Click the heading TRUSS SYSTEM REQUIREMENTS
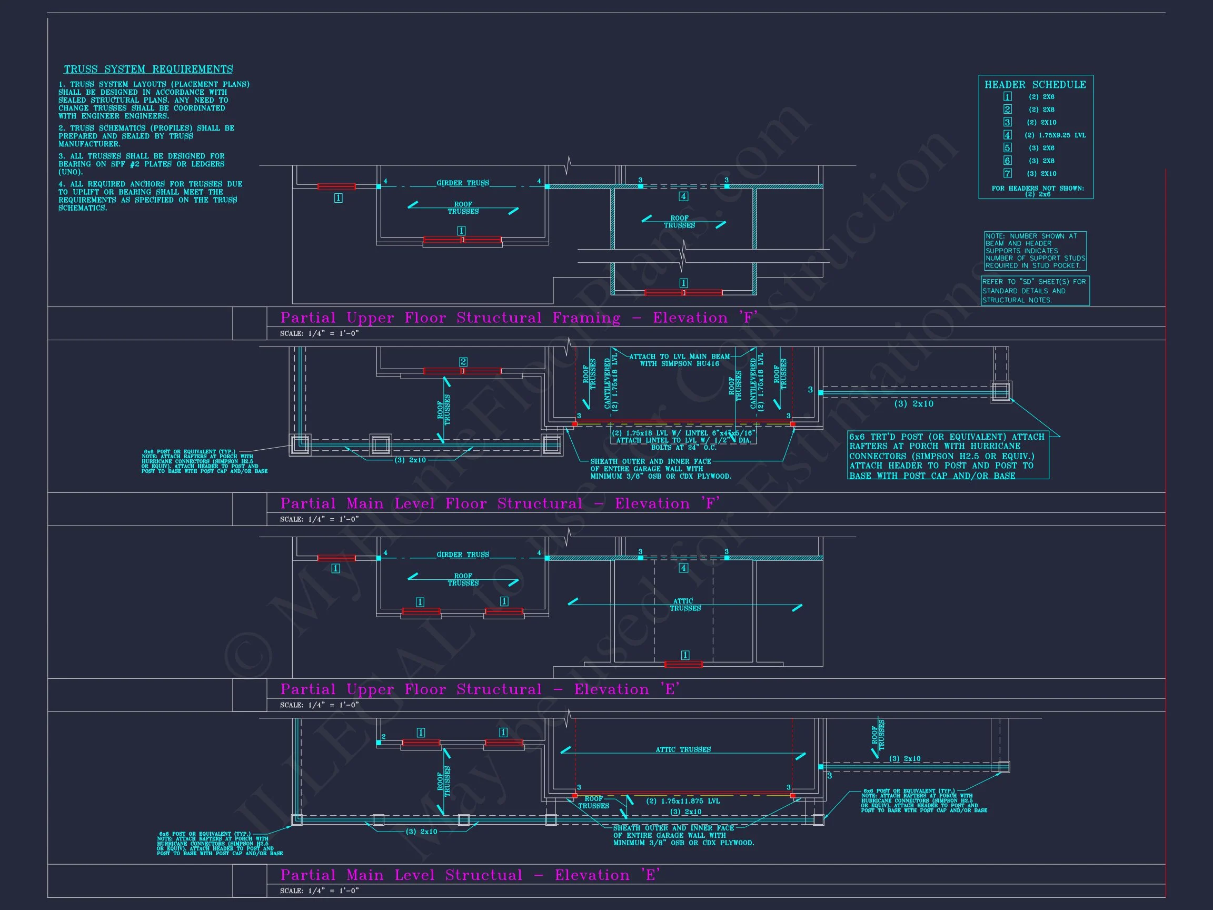(x=148, y=70)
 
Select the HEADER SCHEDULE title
(x=1035, y=84)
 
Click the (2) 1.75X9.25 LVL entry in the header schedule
(x=1055, y=135)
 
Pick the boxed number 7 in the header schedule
(x=1007, y=173)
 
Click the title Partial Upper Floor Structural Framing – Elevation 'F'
(x=519, y=318)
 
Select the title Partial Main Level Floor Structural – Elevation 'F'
(x=500, y=503)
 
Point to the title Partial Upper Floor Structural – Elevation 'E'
(x=480, y=689)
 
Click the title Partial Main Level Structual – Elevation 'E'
(x=470, y=875)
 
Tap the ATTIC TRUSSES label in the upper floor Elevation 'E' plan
(x=685, y=605)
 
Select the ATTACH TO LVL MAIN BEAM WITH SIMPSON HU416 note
(x=679, y=360)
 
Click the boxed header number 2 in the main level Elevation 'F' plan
(x=463, y=361)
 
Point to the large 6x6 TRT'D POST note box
(x=948, y=456)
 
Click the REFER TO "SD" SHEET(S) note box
(x=1035, y=291)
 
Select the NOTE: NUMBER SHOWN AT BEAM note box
(x=1035, y=251)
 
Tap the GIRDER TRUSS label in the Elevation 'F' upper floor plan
(x=462, y=183)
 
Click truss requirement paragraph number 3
(x=142, y=164)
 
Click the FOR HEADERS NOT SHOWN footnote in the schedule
(x=1038, y=191)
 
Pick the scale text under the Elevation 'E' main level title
(x=319, y=891)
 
